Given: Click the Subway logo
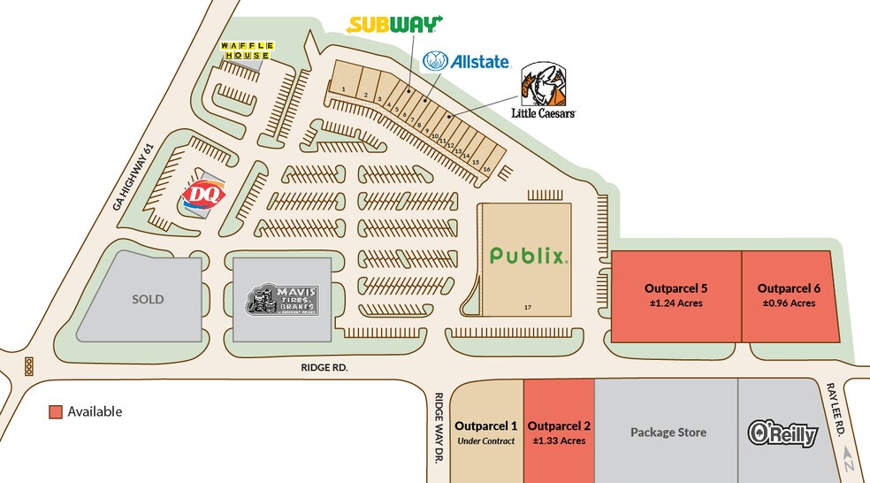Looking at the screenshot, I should (393, 25).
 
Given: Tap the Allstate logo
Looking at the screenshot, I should (466, 61).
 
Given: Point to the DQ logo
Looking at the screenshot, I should (198, 194).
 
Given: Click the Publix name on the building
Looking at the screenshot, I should (527, 256).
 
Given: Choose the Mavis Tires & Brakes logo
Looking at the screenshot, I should (282, 300).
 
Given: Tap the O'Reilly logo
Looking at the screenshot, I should (782, 433).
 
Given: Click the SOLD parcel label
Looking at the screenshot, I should (148, 299).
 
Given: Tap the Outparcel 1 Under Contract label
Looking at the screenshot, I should (485, 433).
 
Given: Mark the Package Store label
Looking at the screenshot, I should (668, 433).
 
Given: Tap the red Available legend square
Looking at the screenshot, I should (56, 412).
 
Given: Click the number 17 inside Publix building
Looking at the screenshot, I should (527, 306).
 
